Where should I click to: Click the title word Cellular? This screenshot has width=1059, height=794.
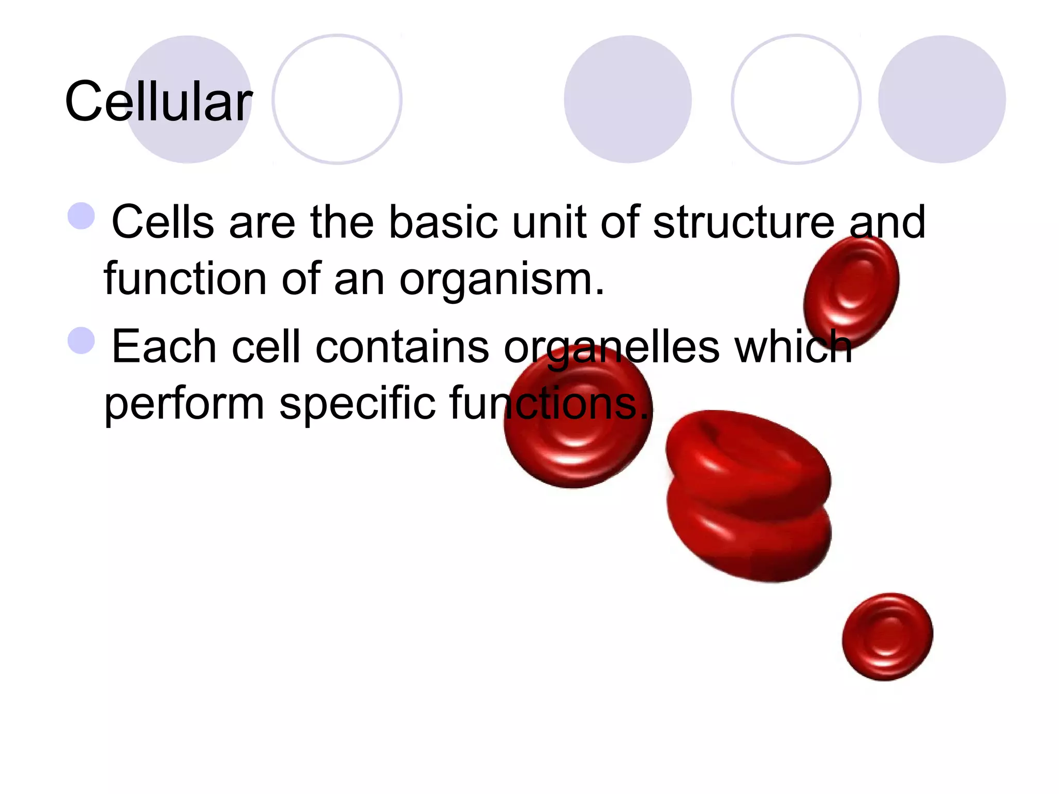158,102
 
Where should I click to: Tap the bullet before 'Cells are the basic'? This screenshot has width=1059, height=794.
82,216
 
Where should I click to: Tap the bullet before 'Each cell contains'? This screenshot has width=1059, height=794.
82,340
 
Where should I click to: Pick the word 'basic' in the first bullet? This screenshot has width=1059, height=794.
443,222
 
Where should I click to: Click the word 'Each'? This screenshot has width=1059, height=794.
164,346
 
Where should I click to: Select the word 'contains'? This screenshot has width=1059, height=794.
402,346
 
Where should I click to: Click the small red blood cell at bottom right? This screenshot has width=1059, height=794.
887,637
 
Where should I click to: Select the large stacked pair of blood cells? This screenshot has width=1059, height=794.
749,496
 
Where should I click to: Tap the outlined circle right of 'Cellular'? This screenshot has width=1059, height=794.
337,99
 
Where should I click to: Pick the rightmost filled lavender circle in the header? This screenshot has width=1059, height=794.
942,99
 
